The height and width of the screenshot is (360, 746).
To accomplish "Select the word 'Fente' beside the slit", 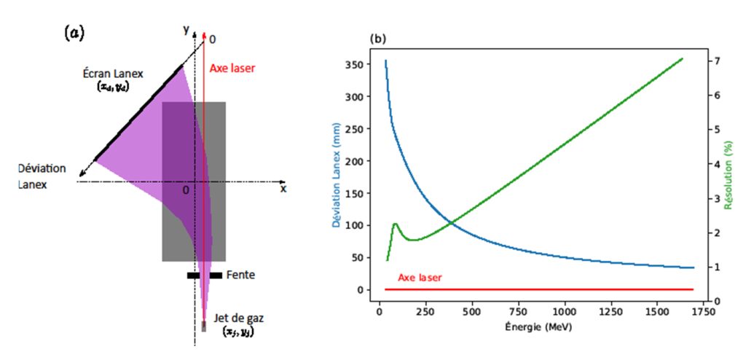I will click(241, 275).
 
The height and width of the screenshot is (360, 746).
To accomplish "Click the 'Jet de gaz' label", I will click(235, 319).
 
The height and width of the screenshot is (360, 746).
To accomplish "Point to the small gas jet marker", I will click(203, 326).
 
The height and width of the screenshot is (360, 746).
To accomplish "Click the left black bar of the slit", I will click(193, 275).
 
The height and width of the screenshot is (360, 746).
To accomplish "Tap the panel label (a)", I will click(74, 32).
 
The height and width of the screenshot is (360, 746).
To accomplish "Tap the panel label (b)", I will click(378, 38).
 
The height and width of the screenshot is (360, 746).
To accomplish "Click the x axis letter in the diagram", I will click(283, 189).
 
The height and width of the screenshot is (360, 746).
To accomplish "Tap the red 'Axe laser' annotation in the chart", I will click(420, 278).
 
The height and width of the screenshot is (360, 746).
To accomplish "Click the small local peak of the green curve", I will click(396, 224).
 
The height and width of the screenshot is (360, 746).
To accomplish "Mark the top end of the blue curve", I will click(385, 60).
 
